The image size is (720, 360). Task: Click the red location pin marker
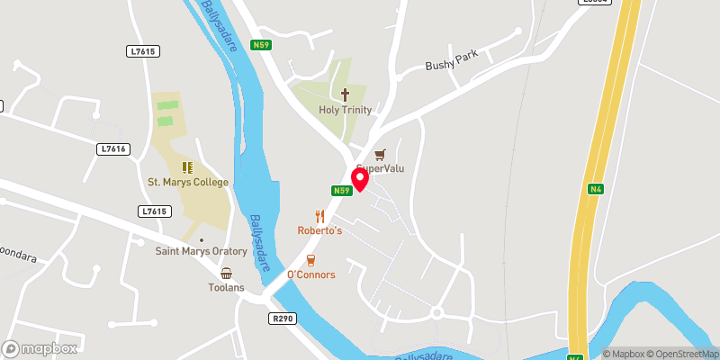coord(360,179)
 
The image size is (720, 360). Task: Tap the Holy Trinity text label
coord(344,110)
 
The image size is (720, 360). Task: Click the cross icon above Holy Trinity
coord(344,94)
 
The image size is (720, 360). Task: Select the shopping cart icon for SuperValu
coord(380,154)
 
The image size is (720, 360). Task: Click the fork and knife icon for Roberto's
coord(319,215)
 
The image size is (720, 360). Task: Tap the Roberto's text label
coord(319,230)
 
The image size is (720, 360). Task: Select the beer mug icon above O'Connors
coord(310,260)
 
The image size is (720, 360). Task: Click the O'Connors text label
coord(310,274)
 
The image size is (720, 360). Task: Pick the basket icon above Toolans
coord(226,273)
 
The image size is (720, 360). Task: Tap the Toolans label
coord(226,288)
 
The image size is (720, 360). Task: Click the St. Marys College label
coord(188,182)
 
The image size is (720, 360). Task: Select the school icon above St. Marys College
coord(188,166)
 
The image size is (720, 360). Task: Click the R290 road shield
coord(281,318)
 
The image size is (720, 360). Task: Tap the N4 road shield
coord(596,189)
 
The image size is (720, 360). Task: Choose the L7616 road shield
coord(112,148)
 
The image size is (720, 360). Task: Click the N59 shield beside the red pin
coord(339,190)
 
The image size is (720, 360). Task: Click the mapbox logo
coord(40,348)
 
